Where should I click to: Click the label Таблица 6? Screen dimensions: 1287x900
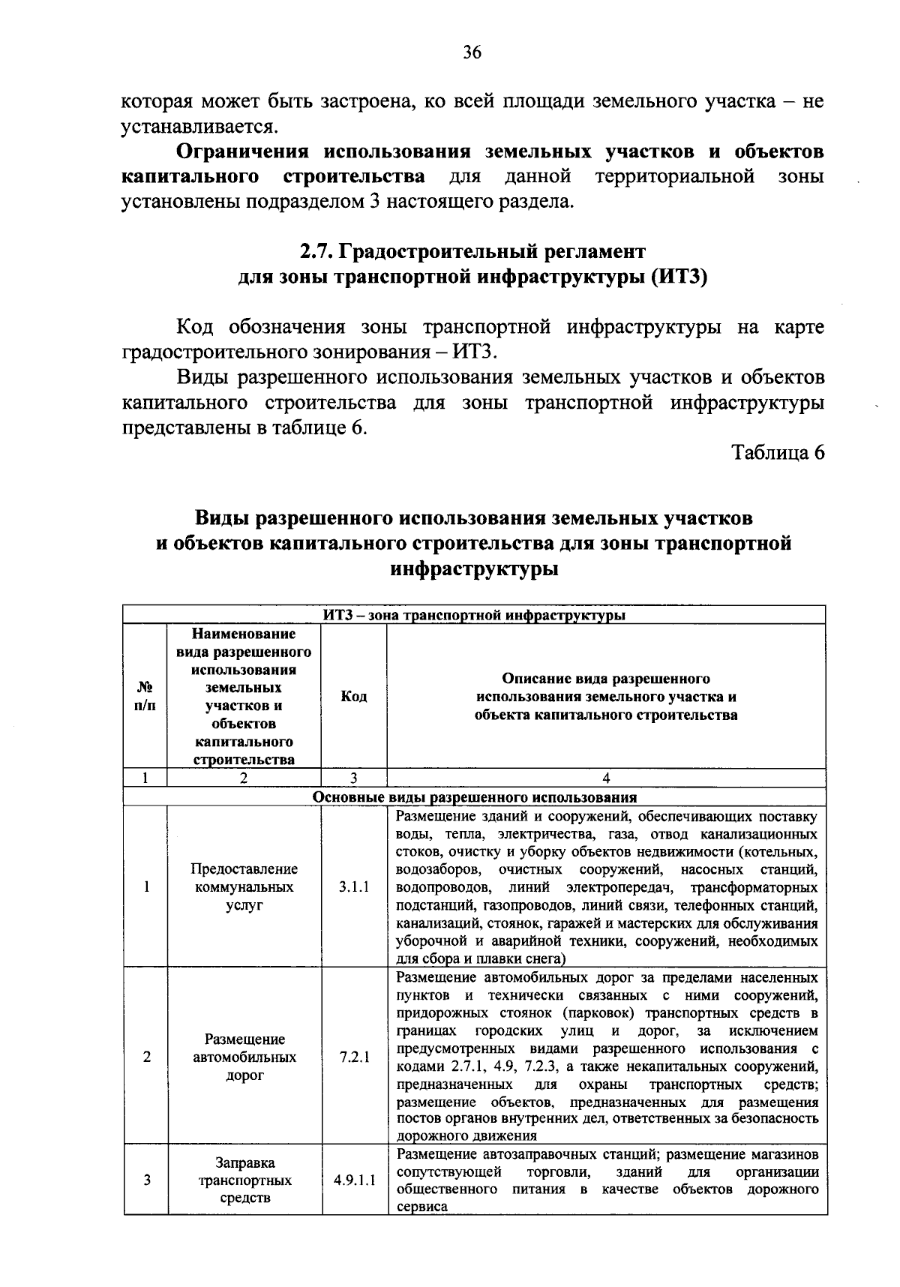(778, 452)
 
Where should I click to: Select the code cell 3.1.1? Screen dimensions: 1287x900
(354, 886)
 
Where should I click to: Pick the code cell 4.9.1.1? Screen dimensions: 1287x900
(354, 1180)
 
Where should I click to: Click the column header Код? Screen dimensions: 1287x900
(354, 697)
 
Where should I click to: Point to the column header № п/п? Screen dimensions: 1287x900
(145, 697)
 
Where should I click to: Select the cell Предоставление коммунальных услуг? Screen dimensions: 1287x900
(244, 886)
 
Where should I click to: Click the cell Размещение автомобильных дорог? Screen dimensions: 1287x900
(244, 1057)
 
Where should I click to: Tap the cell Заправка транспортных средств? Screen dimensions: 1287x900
(244, 1180)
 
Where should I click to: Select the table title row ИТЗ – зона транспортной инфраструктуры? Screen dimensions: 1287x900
(474, 615)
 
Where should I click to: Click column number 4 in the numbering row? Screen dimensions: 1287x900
(606, 778)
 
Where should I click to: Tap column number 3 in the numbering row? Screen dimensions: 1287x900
(354, 778)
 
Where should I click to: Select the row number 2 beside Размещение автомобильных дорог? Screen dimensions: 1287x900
(146, 1057)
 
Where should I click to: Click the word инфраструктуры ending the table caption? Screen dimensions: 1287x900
(474, 568)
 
